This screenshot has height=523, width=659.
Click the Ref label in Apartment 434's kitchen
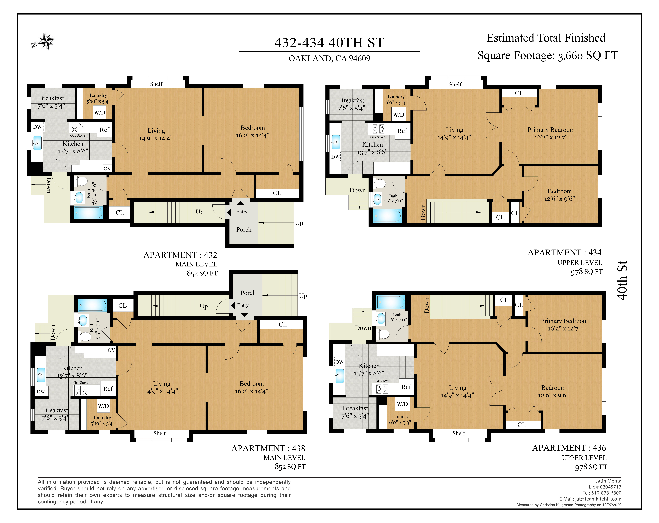pos(402,131)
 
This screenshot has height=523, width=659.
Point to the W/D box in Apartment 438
pos(103,406)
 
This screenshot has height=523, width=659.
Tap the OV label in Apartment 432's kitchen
pos(107,168)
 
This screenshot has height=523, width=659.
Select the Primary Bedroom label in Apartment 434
pos(551,130)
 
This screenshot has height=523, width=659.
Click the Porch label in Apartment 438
pos(248,293)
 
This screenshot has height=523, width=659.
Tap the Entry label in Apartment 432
pos(241,212)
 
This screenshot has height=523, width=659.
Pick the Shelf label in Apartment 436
pos(459,433)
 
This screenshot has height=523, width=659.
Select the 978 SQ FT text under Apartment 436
pos(591,467)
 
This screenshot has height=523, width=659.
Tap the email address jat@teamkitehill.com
pos(598,499)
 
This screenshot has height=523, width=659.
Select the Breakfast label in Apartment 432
pos(51,98)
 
